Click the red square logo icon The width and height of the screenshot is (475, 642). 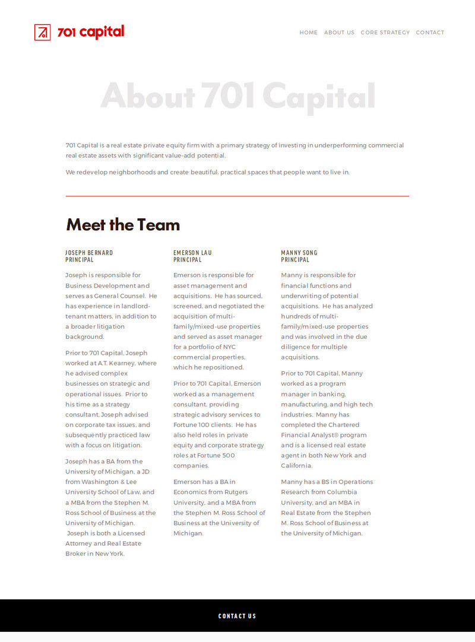click(42, 32)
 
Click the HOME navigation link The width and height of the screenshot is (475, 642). click(308, 33)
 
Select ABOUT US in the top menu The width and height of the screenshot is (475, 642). click(339, 33)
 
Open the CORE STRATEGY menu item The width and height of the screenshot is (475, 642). click(385, 33)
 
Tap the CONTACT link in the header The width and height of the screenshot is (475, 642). click(430, 33)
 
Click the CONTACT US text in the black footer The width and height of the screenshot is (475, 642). click(237, 616)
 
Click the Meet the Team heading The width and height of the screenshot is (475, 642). click(123, 225)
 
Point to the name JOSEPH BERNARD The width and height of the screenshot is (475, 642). click(89, 253)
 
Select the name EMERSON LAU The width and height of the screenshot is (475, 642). click(192, 253)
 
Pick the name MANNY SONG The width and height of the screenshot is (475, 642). click(299, 253)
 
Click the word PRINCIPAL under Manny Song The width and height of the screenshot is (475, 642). click(295, 260)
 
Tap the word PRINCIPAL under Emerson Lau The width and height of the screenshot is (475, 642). click(187, 260)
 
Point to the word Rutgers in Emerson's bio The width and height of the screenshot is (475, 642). click(236, 492)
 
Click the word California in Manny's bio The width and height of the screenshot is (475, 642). click(296, 466)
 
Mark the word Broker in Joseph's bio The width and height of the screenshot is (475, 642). click(76, 554)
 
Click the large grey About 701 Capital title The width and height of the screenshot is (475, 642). click(237, 96)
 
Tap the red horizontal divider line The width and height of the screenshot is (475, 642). click(237, 196)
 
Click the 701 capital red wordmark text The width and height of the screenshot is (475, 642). click(91, 32)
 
